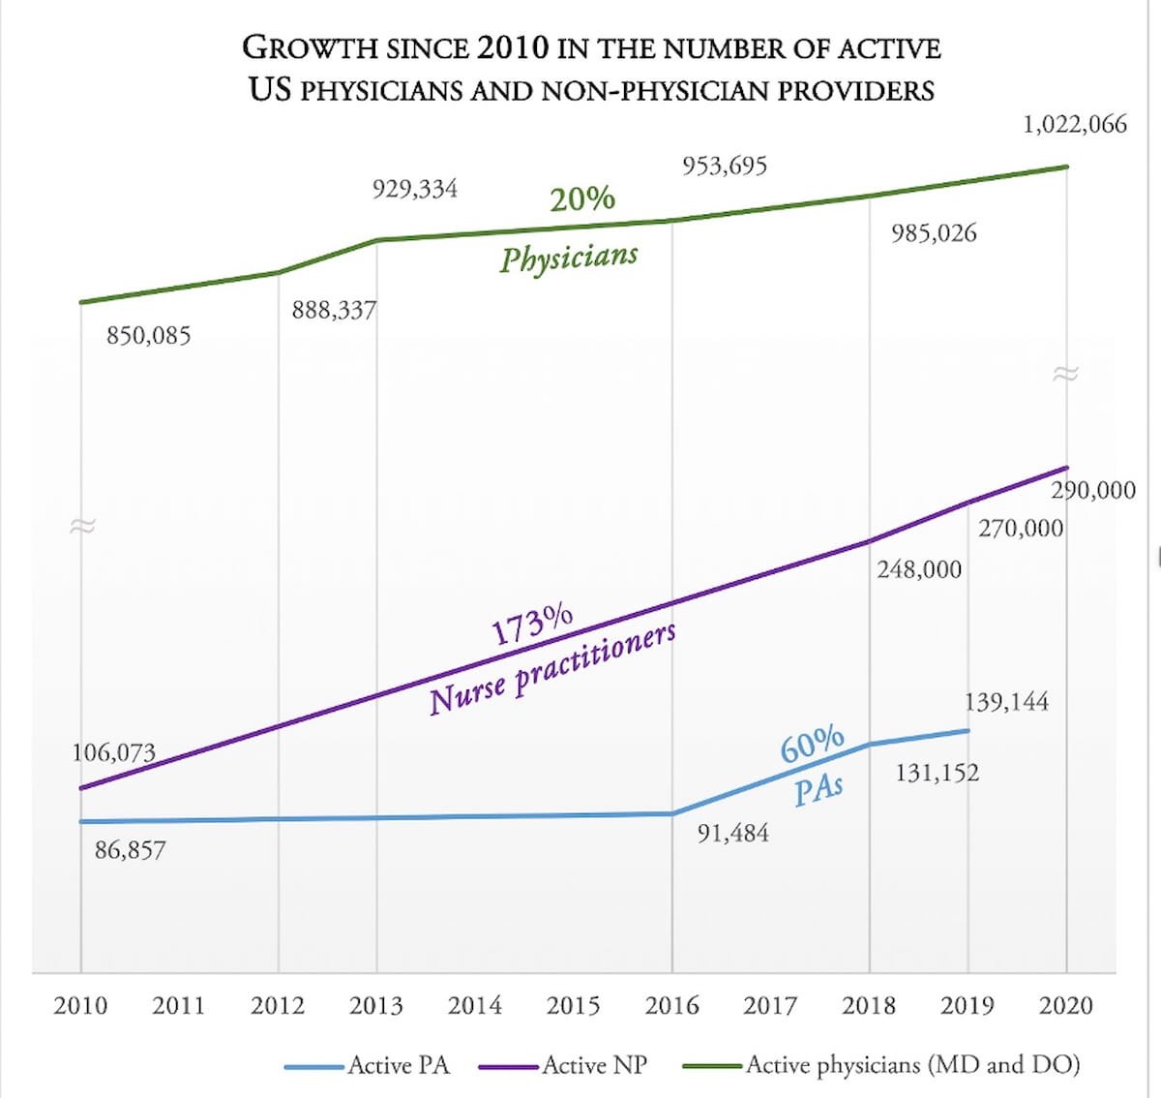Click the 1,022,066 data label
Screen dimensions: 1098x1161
point(1075,124)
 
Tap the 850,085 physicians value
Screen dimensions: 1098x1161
point(149,337)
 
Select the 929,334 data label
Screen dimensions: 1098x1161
point(415,188)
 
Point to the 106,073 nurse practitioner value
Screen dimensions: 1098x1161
point(114,752)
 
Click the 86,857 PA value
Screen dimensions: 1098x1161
point(131,851)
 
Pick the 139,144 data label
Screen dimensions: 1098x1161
point(1006,702)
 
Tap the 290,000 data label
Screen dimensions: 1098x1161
point(1093,491)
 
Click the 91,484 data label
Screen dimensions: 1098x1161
point(733,833)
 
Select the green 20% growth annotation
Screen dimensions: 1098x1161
point(582,198)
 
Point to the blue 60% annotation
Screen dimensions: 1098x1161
point(813,744)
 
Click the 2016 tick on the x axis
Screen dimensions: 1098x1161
point(672,1005)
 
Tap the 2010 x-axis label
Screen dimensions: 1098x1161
point(80,1005)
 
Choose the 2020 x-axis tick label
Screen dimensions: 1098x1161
point(1066,1005)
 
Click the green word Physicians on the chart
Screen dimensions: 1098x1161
point(569,258)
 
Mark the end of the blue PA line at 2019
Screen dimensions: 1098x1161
point(967,730)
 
